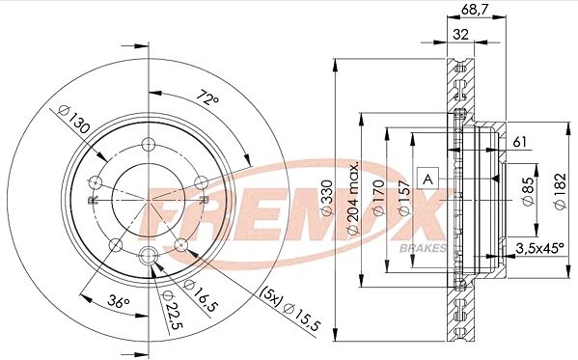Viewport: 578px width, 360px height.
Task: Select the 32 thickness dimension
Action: [461, 35]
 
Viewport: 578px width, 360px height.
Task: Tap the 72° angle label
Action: [207, 97]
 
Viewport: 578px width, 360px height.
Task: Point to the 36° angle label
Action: [119, 302]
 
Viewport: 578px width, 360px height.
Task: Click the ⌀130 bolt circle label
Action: [74, 119]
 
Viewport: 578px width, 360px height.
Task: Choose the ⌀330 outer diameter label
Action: [327, 198]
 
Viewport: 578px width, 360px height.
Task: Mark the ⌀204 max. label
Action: [353, 198]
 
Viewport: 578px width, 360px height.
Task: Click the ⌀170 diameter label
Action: [378, 198]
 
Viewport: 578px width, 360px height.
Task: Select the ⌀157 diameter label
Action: [404, 198]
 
